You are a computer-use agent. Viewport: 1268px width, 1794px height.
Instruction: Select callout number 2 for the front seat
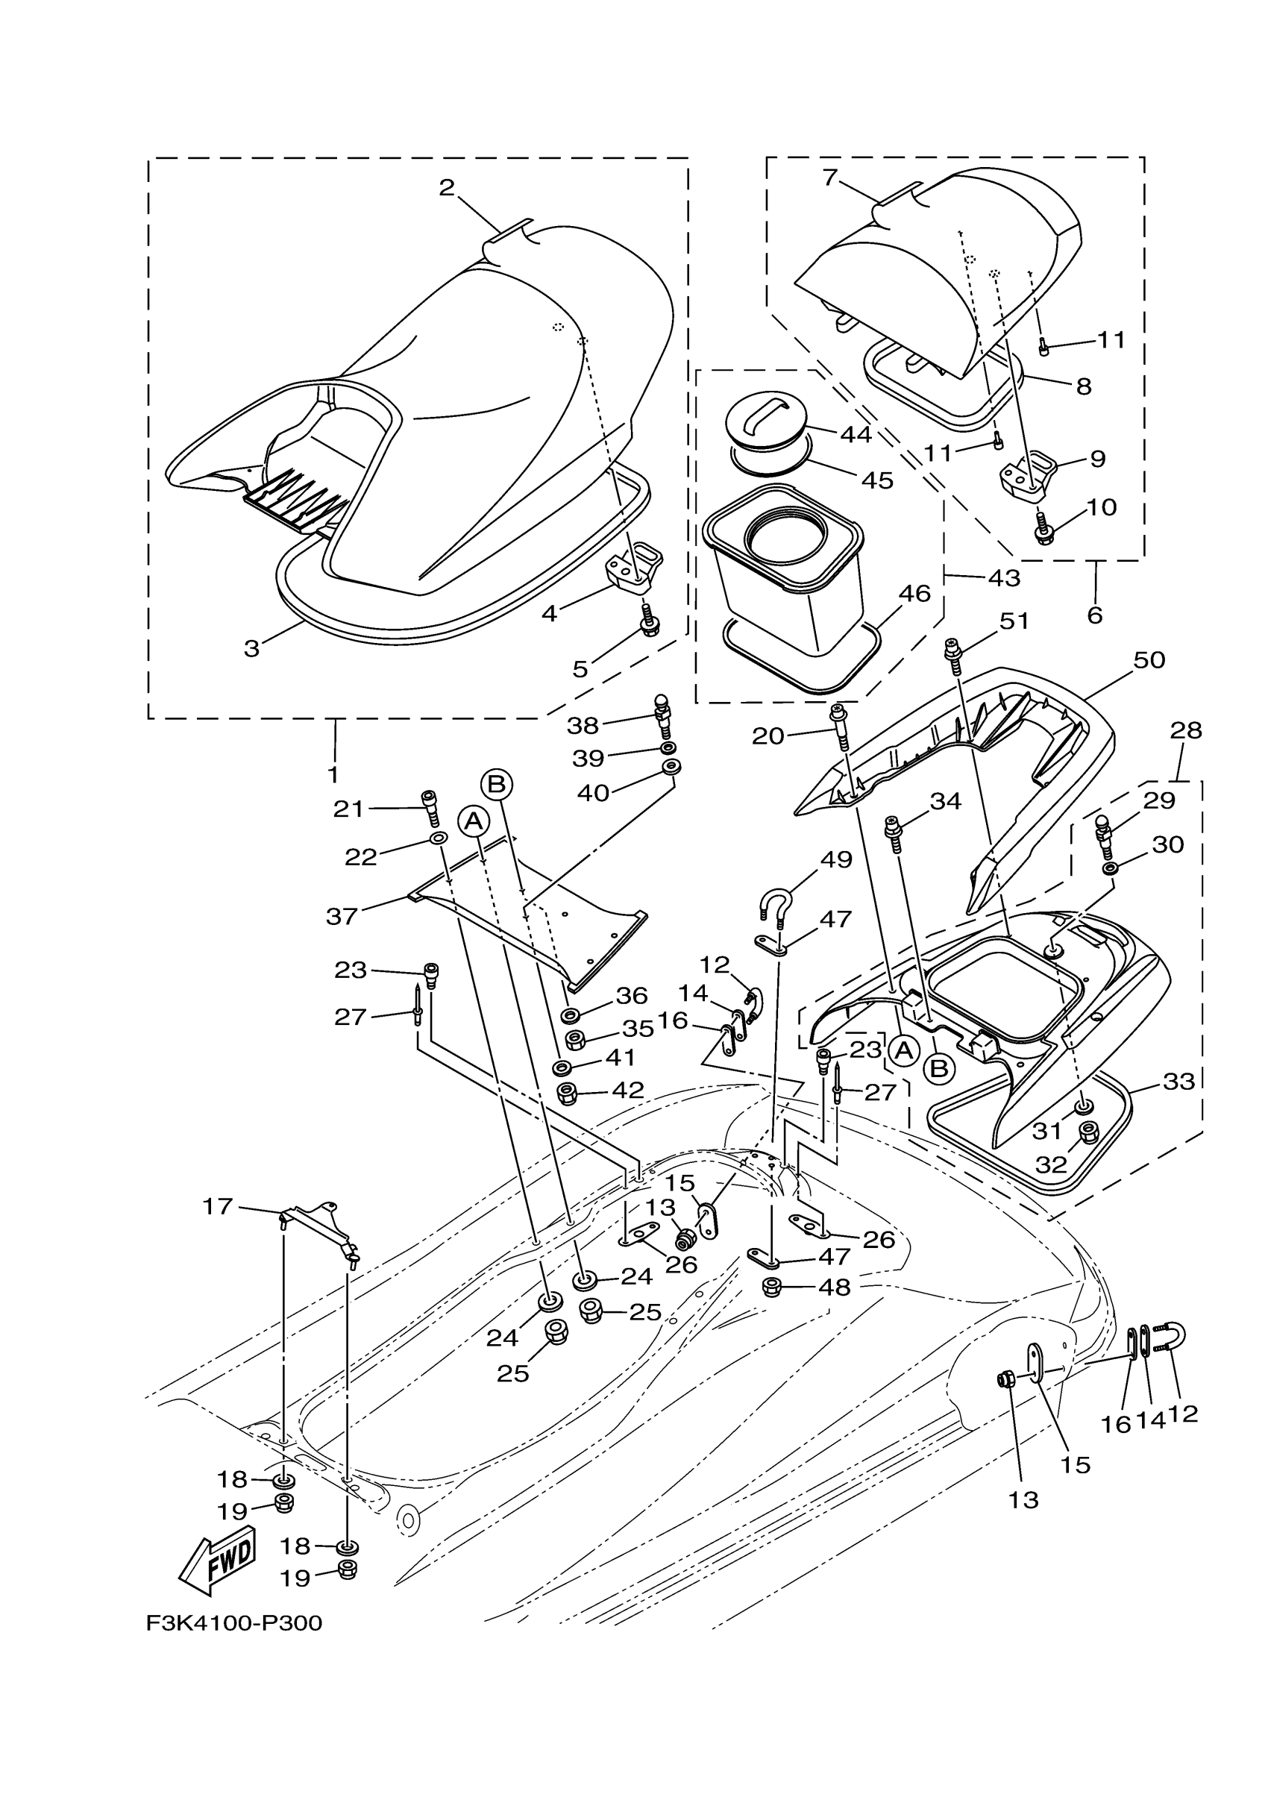tap(446, 187)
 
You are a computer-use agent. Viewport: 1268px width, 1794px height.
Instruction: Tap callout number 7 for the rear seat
tap(829, 178)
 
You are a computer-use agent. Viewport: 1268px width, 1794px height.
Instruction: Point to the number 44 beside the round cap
tap(856, 434)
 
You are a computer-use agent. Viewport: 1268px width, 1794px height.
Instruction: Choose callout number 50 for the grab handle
tap(1149, 660)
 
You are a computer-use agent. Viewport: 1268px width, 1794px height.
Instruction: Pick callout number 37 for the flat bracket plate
tap(342, 916)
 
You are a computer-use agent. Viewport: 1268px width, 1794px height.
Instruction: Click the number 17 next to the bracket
tap(217, 1207)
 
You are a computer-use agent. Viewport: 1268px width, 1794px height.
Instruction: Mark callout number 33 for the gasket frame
tap(1179, 1082)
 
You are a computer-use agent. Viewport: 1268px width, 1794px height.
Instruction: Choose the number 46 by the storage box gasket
tap(914, 594)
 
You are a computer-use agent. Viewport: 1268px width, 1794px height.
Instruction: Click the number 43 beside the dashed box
tap(1004, 577)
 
